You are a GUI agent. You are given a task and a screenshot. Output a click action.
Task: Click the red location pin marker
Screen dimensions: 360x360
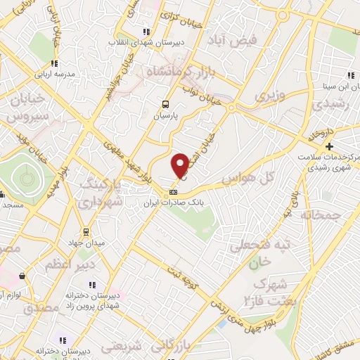click(180, 165)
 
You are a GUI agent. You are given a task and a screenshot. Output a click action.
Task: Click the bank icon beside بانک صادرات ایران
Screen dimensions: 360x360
click(173, 192)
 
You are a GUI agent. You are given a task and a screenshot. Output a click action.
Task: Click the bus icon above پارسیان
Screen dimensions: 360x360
click(164, 101)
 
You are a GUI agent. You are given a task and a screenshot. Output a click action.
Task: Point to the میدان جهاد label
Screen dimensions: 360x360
click(86, 243)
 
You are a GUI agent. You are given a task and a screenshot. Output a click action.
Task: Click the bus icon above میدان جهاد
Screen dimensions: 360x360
click(86, 232)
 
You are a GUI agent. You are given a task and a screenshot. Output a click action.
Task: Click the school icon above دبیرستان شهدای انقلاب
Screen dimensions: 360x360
click(146, 32)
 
